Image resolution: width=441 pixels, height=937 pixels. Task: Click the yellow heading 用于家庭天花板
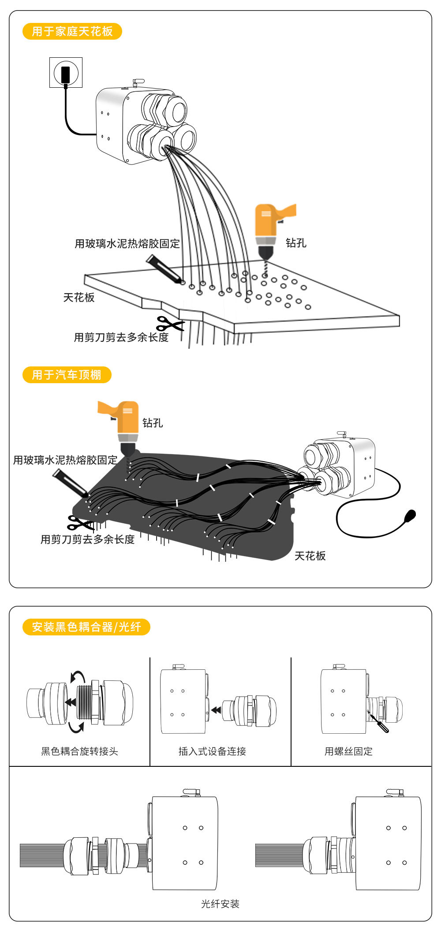click(72, 31)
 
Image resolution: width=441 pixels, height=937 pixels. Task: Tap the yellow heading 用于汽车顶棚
click(67, 375)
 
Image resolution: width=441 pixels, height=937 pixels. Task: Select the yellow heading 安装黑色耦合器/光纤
click(86, 627)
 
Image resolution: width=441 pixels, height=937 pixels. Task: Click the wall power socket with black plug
click(66, 73)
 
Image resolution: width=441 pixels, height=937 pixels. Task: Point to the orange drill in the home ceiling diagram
click(270, 230)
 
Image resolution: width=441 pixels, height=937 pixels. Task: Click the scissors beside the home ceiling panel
click(169, 325)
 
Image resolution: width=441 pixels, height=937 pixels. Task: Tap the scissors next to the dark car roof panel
click(79, 523)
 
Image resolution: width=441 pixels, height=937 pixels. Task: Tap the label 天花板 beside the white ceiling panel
click(79, 298)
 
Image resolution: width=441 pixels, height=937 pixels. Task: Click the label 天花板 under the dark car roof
click(310, 556)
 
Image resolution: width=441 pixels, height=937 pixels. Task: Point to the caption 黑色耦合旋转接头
click(79, 751)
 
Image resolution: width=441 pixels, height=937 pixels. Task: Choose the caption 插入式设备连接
click(212, 751)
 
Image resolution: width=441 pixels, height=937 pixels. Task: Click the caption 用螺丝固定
click(348, 751)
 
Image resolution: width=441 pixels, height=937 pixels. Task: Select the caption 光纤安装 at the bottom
click(220, 904)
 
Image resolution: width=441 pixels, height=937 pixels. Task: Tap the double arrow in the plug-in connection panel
click(216, 710)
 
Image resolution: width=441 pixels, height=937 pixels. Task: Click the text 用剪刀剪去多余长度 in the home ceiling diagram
click(121, 337)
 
